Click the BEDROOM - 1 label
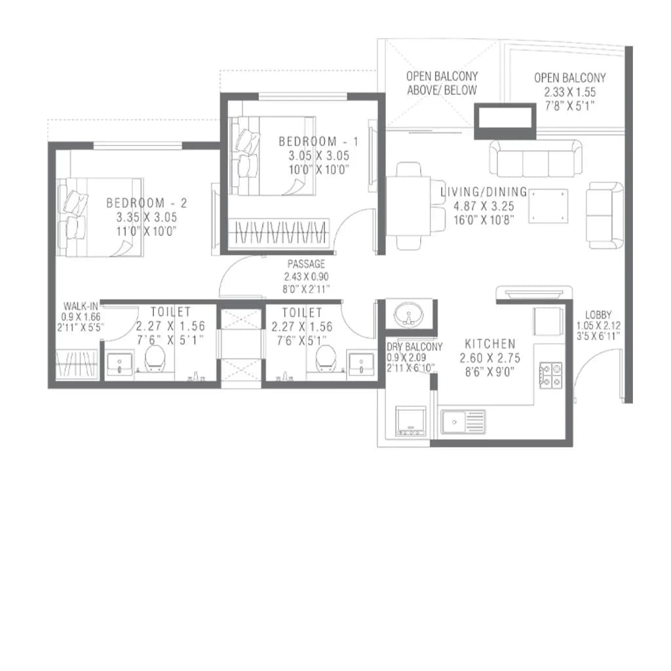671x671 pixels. [314, 142]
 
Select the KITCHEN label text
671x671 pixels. [489, 343]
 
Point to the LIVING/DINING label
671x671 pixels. [484, 192]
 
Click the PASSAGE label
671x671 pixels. [306, 264]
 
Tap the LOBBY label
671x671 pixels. [598, 315]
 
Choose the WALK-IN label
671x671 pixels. [81, 306]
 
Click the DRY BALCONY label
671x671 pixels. [414, 347]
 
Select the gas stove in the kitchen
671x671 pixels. [550, 375]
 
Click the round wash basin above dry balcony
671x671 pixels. [408, 314]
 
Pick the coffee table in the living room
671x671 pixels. [548, 206]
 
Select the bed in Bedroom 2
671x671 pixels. [100, 217]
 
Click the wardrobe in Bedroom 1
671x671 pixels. [281, 233]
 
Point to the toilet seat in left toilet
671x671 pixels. [155, 358]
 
